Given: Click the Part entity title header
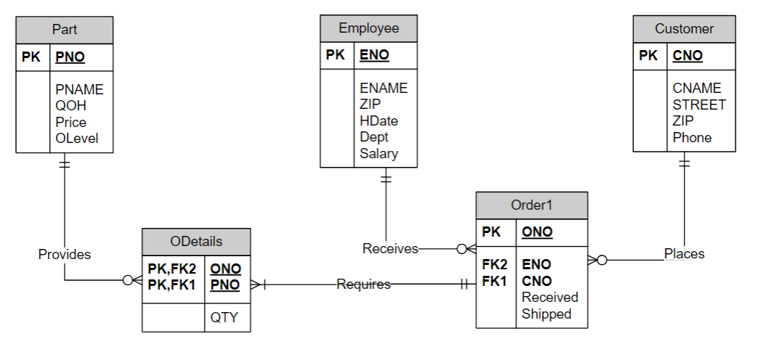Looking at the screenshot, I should pos(65,30).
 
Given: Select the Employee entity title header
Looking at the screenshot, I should pos(369,28).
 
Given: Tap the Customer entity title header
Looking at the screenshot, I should pos(684,29).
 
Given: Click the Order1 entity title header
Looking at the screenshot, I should pos(532,205).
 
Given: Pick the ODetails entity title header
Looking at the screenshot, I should pos(196,241).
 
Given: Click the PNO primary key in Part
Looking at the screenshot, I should pos(70,57).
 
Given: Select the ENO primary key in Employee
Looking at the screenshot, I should pos(374,55).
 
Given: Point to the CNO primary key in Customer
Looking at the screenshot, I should pos(687,55).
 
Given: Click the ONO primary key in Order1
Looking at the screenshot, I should pos(537,232).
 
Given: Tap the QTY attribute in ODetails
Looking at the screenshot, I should pos(224,317).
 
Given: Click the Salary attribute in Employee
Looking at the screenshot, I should pos(378,154).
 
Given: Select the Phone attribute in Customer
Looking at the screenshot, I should pos(691,138).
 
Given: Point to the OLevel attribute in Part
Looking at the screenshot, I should pos(76,139).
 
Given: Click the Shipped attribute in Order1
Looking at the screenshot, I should pos(546,314).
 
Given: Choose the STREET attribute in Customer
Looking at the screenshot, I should pos(699,105).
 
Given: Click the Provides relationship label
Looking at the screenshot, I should pos(65,254).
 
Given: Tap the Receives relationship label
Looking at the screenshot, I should pos(390,249).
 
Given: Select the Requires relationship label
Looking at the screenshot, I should pos(363,285).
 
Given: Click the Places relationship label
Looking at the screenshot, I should pos(684,253).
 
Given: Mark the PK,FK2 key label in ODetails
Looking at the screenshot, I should pos(171,269).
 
